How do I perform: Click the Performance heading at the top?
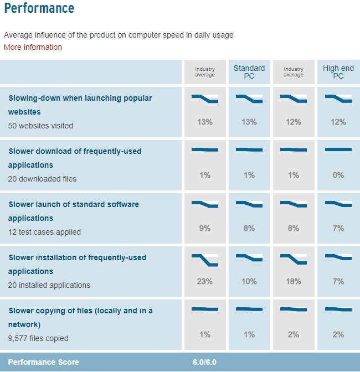pyautogui.click(x=39, y=9)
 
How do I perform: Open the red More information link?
pyautogui.click(x=33, y=47)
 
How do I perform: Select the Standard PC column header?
pyautogui.click(x=249, y=72)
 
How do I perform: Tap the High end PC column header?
pyautogui.click(x=338, y=72)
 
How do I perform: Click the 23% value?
pyautogui.click(x=205, y=281)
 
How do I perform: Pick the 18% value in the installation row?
pyautogui.click(x=294, y=281)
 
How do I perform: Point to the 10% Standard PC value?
pyautogui.click(x=249, y=281)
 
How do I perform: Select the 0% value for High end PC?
pyautogui.click(x=338, y=175)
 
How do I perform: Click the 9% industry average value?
pyautogui.click(x=205, y=228)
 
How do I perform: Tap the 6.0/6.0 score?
pyautogui.click(x=205, y=362)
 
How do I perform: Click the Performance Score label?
pyautogui.click(x=44, y=362)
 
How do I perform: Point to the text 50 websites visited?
pyautogui.click(x=40, y=126)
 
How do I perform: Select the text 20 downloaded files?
pyautogui.click(x=42, y=179)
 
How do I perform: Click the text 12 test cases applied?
pyautogui.click(x=44, y=232)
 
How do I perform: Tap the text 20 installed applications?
pyautogui.click(x=49, y=285)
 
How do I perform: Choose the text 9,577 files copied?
pyautogui.click(x=38, y=338)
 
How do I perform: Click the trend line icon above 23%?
pyautogui.click(x=205, y=260)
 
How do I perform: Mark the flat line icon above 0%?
pyautogui.click(x=338, y=149)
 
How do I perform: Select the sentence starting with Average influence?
pyautogui.click(x=119, y=35)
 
